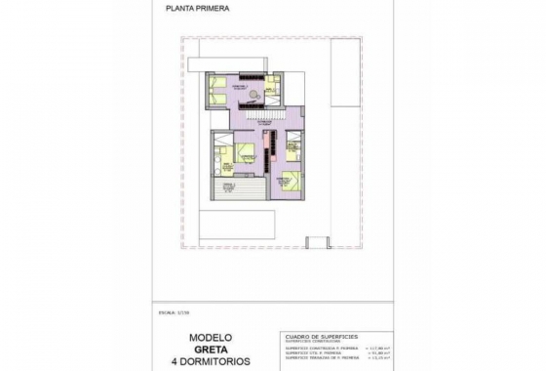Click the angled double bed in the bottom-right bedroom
point(290,180)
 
